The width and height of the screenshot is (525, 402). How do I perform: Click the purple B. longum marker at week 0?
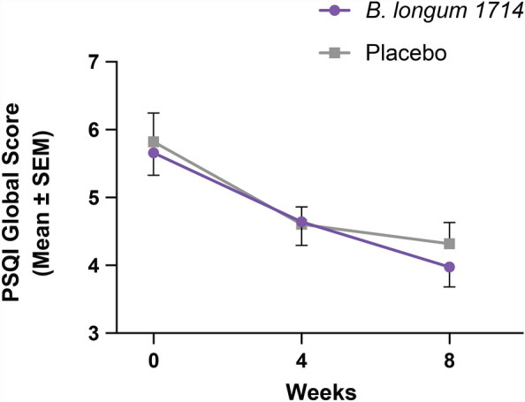pyautogui.click(x=154, y=153)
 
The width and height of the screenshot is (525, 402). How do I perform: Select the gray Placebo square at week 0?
pyautogui.click(x=154, y=141)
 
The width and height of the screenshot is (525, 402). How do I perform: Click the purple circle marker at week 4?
pyautogui.click(x=301, y=222)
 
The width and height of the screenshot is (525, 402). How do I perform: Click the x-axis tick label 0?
pyautogui.click(x=154, y=361)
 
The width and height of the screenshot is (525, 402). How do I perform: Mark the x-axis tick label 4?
pyautogui.click(x=301, y=361)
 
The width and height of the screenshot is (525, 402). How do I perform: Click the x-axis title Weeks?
pyautogui.click(x=301, y=390)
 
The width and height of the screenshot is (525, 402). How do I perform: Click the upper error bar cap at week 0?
pyautogui.click(x=154, y=113)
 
